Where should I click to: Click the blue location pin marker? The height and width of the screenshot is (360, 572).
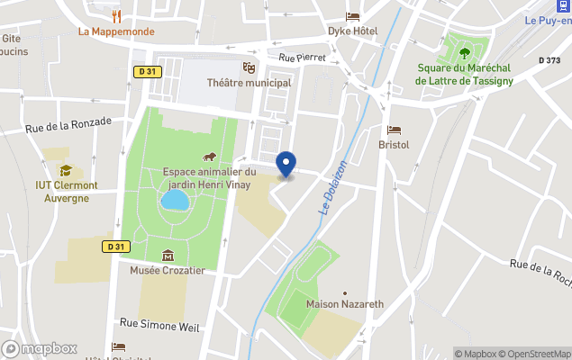[286, 165]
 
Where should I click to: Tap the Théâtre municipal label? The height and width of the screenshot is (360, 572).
[249, 83]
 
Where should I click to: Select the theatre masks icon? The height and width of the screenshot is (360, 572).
[249, 67]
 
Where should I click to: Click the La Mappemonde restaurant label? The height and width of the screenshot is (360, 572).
[116, 31]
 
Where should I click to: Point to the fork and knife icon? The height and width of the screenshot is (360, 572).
[116, 15]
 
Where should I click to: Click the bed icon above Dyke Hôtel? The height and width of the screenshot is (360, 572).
[352, 16]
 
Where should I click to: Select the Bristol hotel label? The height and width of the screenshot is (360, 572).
[394, 144]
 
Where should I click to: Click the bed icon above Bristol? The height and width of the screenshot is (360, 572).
[394, 130]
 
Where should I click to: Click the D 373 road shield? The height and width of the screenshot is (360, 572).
[549, 60]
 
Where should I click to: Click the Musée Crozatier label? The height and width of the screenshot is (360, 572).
[168, 270]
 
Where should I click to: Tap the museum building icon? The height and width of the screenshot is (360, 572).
[168, 256]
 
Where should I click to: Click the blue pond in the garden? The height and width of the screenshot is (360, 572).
[175, 200]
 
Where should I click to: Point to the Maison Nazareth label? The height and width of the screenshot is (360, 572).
[345, 304]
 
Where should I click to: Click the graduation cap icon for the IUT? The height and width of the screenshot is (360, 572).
[66, 170]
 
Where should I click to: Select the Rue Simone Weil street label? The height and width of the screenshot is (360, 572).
[159, 322]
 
